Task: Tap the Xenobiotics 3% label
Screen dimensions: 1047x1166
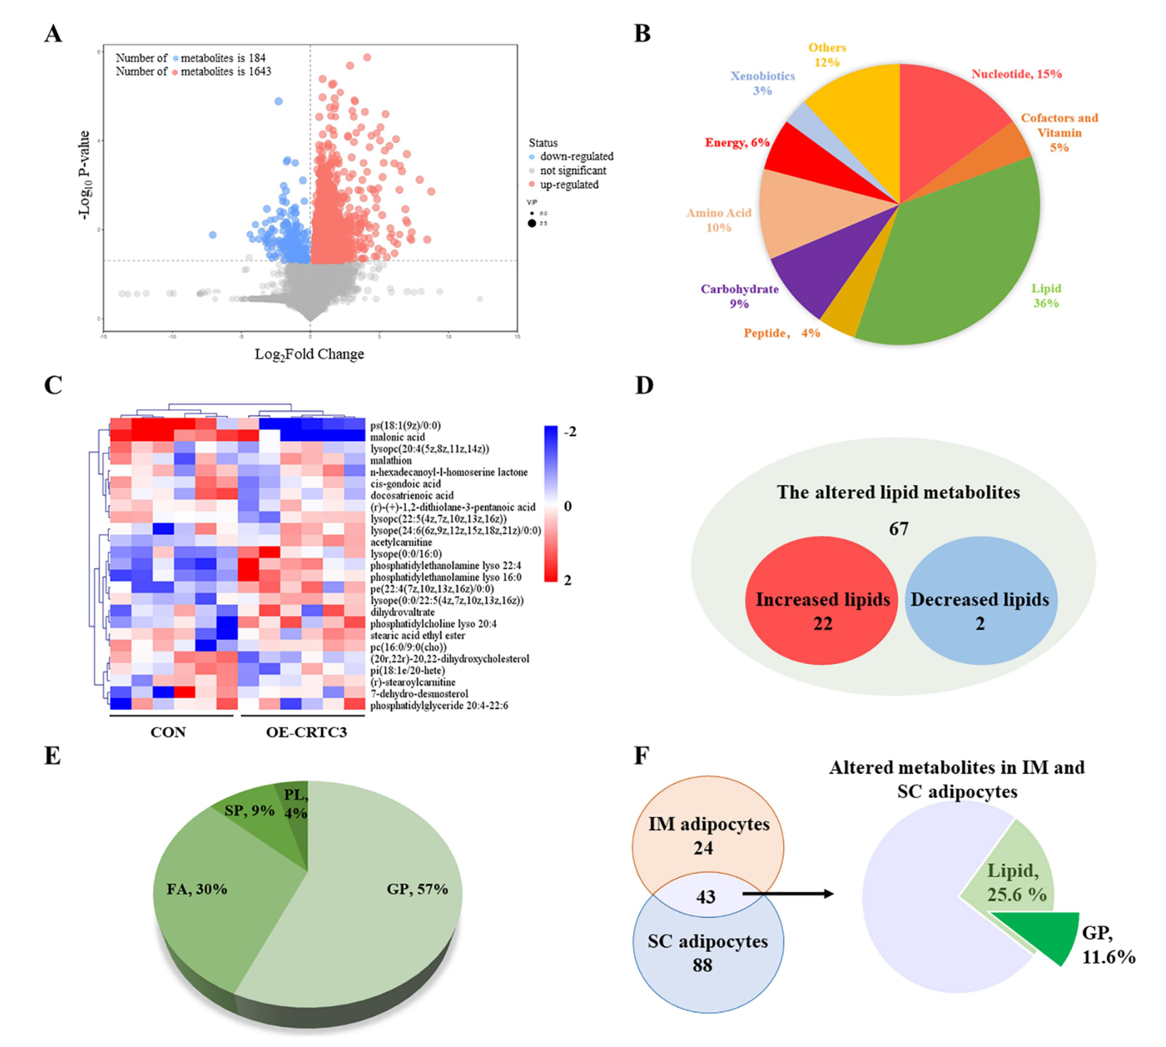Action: (x=762, y=83)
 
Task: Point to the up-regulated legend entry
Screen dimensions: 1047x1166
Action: (x=569, y=185)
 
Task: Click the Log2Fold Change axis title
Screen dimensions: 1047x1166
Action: (x=309, y=355)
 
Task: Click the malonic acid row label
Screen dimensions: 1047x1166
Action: (x=397, y=437)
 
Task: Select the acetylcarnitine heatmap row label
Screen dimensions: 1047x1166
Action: (x=400, y=542)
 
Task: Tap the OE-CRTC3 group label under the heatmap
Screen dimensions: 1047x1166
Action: (x=306, y=732)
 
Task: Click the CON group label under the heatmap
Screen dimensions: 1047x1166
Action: (x=168, y=732)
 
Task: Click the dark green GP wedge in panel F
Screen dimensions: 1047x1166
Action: (x=1047, y=932)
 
